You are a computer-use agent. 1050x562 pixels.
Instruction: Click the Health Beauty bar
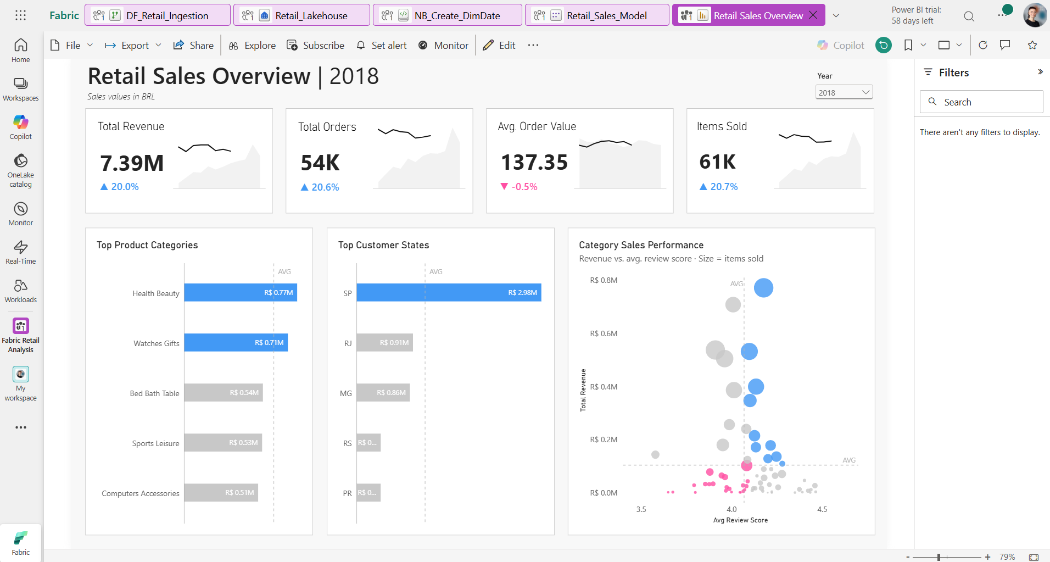(x=241, y=292)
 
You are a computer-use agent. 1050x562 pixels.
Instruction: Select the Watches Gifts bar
(x=236, y=342)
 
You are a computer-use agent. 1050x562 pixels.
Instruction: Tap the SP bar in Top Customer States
(x=449, y=292)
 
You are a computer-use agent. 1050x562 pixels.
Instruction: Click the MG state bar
(x=383, y=392)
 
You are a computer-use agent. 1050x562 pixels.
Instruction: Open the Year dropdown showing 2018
(x=844, y=92)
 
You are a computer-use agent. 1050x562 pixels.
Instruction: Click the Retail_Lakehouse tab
(x=301, y=15)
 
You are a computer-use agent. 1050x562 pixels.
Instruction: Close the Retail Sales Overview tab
(x=813, y=15)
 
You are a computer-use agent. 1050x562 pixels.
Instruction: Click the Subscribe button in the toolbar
(x=316, y=45)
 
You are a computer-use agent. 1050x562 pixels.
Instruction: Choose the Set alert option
(x=382, y=45)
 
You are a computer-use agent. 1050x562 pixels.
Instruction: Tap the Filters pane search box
(x=981, y=102)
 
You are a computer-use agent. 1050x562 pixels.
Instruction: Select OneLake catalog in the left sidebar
(x=21, y=170)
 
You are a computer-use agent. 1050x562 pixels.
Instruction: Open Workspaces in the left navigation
(x=21, y=89)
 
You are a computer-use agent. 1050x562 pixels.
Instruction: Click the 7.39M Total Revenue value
(x=132, y=163)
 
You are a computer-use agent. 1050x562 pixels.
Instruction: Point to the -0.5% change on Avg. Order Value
(x=519, y=187)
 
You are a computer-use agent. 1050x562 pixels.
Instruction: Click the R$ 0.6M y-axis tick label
(x=604, y=333)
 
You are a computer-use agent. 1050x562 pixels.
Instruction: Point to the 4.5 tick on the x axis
(x=822, y=509)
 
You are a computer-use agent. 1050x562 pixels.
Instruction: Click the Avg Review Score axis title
(x=740, y=520)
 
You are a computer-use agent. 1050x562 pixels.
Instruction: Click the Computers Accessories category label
(x=141, y=493)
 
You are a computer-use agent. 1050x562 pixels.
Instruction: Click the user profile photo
(x=1035, y=15)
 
